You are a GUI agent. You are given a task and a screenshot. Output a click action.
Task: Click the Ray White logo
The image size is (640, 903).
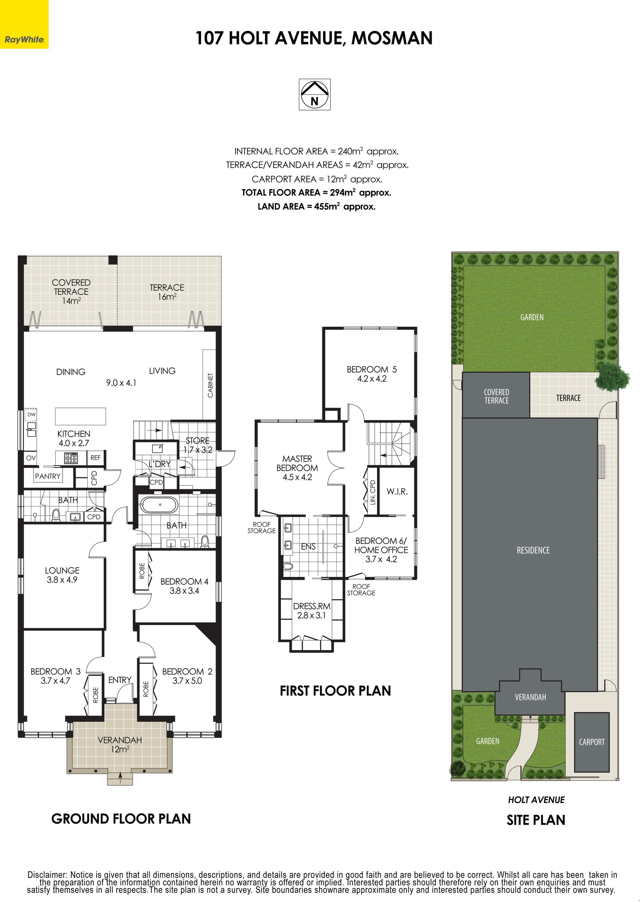[24, 24]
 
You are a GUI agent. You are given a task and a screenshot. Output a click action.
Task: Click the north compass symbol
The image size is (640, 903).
[314, 95]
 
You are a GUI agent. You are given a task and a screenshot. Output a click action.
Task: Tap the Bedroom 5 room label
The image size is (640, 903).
[372, 374]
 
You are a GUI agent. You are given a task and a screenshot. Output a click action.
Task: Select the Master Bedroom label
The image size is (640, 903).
[297, 468]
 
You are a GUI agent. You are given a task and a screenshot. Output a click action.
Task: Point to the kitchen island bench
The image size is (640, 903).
[80, 416]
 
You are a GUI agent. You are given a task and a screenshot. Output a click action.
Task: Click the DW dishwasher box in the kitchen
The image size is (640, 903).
[31, 414]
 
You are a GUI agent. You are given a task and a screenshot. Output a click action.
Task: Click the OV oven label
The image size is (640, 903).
[31, 458]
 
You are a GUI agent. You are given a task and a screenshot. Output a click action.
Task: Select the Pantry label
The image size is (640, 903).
[48, 476]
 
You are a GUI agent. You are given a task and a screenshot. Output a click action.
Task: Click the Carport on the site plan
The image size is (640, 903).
[592, 742]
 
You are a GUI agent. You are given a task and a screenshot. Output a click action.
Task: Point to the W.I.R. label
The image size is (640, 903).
[397, 492]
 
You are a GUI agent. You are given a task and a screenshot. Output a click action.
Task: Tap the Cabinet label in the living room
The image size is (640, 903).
[210, 385]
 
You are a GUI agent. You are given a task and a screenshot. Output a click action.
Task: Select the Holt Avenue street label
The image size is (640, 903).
[536, 800]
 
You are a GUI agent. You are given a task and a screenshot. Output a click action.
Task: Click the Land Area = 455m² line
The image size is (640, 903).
[316, 206]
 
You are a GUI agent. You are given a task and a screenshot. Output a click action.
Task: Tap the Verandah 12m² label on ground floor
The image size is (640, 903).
[120, 745]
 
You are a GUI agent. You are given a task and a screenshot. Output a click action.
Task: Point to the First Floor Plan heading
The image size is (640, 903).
[335, 691]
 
